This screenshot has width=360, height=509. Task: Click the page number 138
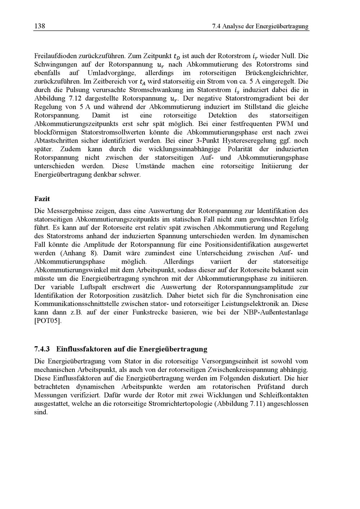39,26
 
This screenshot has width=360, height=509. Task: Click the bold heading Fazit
42,199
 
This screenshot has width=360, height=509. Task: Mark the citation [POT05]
48,321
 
